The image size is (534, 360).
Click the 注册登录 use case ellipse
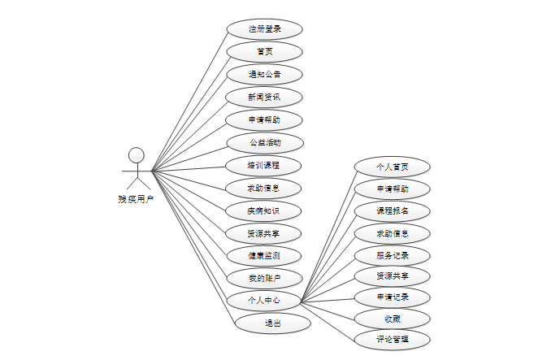tap(264, 29)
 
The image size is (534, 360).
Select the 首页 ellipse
tap(264, 52)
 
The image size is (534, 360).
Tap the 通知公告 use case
tap(264, 75)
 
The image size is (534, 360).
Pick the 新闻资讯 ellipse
tap(264, 98)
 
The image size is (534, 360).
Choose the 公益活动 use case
tap(264, 143)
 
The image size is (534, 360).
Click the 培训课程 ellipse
tap(264, 166)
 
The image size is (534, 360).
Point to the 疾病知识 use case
tap(264, 211)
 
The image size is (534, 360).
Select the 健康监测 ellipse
tap(264, 256)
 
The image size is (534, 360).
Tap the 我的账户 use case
tap(264, 279)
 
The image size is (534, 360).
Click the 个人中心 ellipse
tap(264, 301)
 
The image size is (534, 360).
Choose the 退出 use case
tap(273, 323)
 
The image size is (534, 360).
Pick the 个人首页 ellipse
tap(392, 167)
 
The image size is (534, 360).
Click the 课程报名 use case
tap(392, 211)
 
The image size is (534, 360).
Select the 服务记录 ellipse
tap(392, 255)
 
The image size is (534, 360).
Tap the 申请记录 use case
tap(392, 297)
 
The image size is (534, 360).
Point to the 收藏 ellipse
tap(392, 318)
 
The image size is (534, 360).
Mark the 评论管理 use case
tap(392, 339)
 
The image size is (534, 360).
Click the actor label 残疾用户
tap(136, 198)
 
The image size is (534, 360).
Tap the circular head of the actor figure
tap(137, 154)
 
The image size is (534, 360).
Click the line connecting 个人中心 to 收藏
tap(328, 309)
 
